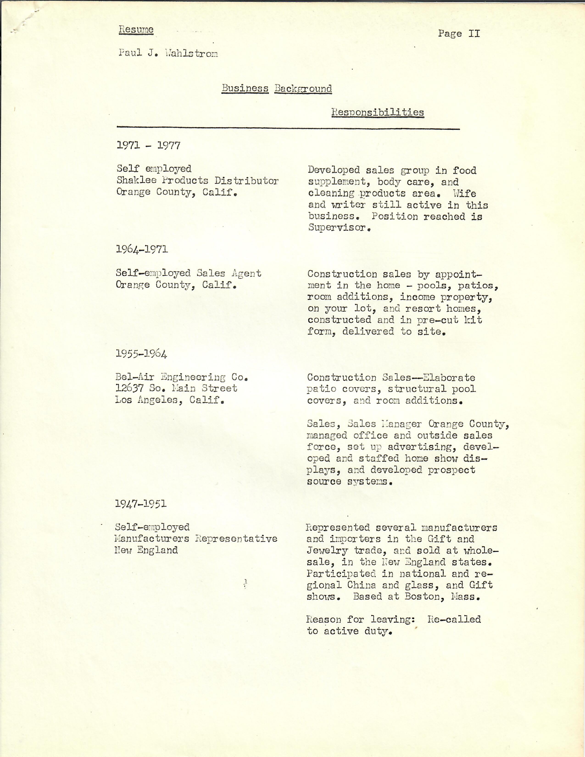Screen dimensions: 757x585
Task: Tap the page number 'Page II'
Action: (x=459, y=34)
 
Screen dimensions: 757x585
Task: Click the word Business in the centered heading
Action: (x=245, y=88)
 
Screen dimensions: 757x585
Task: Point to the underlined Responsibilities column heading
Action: (x=377, y=112)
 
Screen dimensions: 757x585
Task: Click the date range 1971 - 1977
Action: (x=148, y=145)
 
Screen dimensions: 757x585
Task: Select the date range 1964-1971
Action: (x=142, y=249)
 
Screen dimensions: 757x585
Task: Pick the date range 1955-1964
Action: (x=141, y=354)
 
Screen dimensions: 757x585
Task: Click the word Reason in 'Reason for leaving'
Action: (x=324, y=619)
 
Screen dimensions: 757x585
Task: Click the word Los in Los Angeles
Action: (x=123, y=400)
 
